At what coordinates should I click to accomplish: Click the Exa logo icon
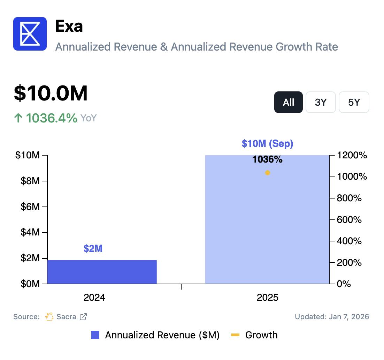30,34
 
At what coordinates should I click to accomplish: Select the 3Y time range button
321,102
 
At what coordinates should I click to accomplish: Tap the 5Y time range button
354,102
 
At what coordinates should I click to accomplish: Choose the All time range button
289,102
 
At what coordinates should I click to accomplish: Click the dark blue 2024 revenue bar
102,272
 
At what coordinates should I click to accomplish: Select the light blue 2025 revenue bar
267,223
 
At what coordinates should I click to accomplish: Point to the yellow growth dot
268,173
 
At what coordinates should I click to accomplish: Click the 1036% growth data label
267,160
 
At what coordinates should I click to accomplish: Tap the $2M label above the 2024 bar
93,249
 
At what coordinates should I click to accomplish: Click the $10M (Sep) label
267,143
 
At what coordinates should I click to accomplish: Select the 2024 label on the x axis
94,298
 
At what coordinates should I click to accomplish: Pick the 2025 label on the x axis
267,298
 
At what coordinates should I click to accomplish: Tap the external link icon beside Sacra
83,317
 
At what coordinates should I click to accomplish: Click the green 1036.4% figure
52,118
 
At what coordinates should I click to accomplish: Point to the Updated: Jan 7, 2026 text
332,317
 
